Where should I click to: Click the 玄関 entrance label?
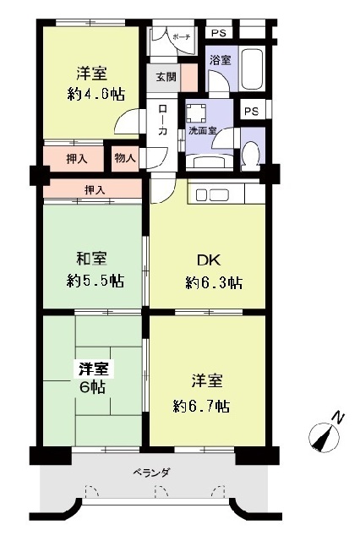(x=166, y=77)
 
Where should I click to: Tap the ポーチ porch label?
(x=182, y=38)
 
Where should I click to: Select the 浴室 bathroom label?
(x=220, y=60)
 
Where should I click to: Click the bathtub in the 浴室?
(x=253, y=69)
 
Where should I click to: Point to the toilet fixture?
(x=250, y=156)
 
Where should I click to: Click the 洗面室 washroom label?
(x=203, y=131)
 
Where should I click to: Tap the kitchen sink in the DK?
(x=212, y=195)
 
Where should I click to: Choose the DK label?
(x=208, y=260)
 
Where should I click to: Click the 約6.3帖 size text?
(x=214, y=283)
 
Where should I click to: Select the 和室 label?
(x=91, y=259)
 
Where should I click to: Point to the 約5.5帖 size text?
(x=95, y=281)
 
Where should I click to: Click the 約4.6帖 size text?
(x=95, y=94)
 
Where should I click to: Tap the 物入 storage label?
(x=125, y=159)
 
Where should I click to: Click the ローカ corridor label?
(x=162, y=120)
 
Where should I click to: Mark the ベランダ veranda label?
(x=151, y=473)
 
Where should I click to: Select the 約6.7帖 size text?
(x=201, y=407)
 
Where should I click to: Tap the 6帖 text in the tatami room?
(x=93, y=388)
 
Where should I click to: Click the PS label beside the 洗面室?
(x=251, y=112)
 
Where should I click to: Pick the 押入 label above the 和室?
(x=95, y=189)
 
